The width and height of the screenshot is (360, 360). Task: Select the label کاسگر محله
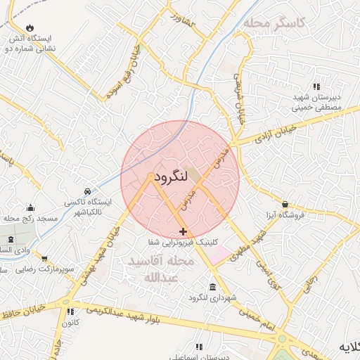coord(275,23)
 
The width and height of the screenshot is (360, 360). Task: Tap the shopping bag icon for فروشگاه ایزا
coord(284,203)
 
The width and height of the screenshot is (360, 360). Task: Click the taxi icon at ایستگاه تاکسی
coord(86,191)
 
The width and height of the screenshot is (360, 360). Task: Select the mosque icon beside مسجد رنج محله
coord(30,207)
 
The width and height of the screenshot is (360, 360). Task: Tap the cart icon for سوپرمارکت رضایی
coord(44,259)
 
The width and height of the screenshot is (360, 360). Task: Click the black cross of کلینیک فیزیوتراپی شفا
coord(183,231)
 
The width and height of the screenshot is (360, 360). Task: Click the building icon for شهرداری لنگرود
coord(212,286)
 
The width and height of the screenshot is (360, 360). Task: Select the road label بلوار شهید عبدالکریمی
coord(139,316)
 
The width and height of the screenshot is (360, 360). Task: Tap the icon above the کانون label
coord(70,311)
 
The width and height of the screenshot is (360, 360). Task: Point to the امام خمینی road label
coord(258,317)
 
